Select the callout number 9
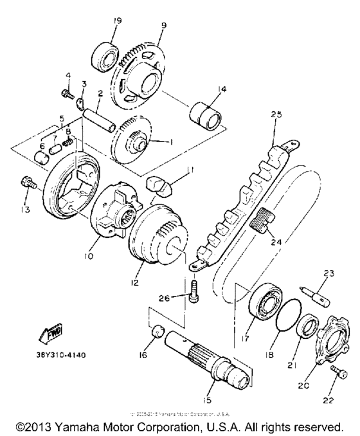tap(164, 26)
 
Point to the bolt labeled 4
tap(66, 95)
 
